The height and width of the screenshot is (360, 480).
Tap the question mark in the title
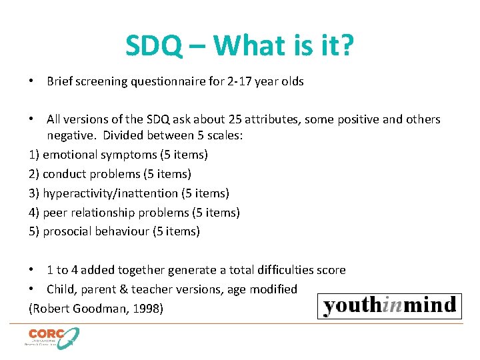click(x=347, y=46)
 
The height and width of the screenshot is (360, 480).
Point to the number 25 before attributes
click(x=241, y=119)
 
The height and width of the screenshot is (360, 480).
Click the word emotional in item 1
click(x=70, y=155)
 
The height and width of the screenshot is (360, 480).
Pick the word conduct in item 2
click(x=64, y=174)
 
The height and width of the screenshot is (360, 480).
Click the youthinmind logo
click(x=390, y=306)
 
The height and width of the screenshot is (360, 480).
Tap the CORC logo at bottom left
click(x=52, y=337)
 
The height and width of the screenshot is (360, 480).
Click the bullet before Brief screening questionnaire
click(x=32, y=81)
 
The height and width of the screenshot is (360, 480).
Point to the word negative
click(x=69, y=135)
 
